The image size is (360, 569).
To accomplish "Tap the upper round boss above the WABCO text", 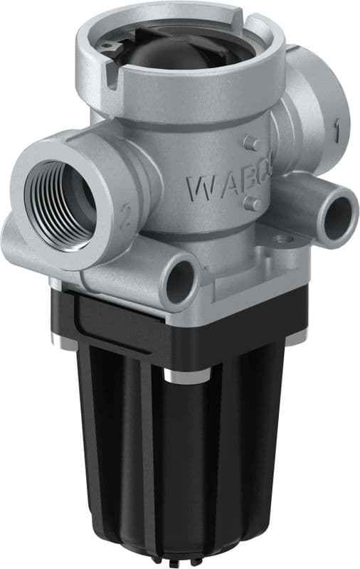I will click(x=250, y=143).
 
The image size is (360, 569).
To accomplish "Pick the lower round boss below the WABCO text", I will click(x=250, y=204).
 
